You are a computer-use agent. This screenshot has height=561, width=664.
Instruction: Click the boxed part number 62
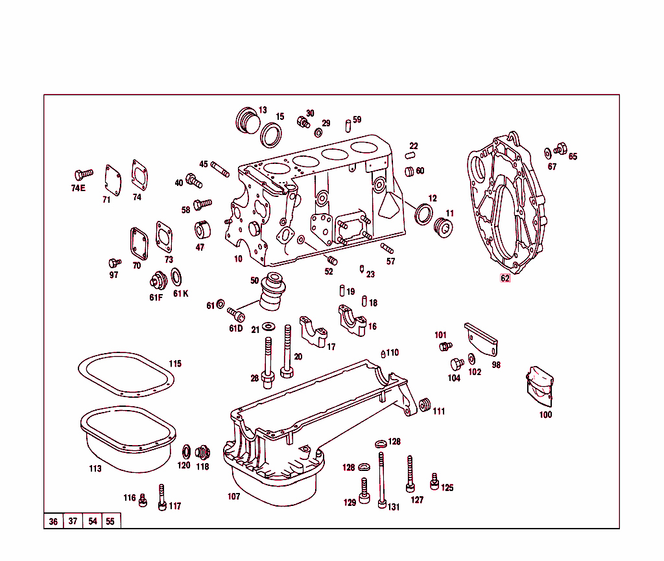pyautogui.click(x=505, y=279)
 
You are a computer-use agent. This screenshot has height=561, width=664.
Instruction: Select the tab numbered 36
pyautogui.click(x=53, y=521)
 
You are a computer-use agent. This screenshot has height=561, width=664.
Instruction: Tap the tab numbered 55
pyautogui.click(x=110, y=521)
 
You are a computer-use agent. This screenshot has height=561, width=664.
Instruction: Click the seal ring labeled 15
pyautogui.click(x=271, y=135)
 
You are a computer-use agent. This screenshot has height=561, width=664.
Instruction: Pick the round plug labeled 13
pyautogui.click(x=246, y=120)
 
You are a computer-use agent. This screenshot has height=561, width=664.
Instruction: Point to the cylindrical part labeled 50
pyautogui.click(x=271, y=294)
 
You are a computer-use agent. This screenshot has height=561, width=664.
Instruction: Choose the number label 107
pyautogui.click(x=233, y=497)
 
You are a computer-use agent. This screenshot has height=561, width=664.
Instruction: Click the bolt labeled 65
pyautogui.click(x=560, y=150)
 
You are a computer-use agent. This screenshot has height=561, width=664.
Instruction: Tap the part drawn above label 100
pyautogui.click(x=539, y=387)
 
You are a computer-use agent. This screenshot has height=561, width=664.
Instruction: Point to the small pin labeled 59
pyautogui.click(x=348, y=122)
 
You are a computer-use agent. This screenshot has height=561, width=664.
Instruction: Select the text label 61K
pyautogui.click(x=180, y=293)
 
